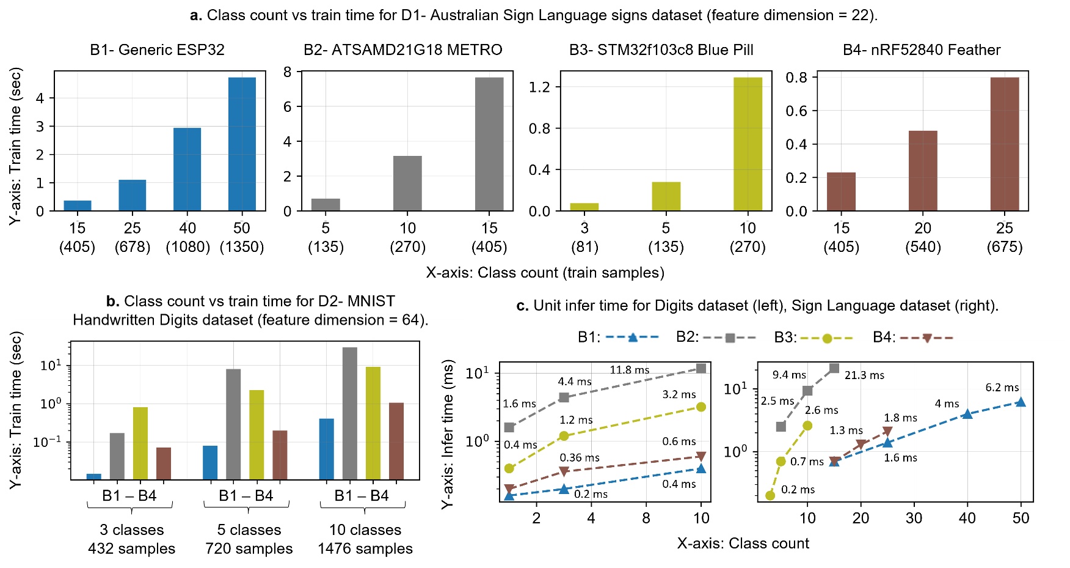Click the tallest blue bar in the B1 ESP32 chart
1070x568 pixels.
(x=242, y=144)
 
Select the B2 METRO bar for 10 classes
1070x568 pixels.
(x=407, y=183)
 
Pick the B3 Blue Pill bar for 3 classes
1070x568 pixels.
(x=584, y=207)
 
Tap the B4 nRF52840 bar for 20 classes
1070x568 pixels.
(x=923, y=171)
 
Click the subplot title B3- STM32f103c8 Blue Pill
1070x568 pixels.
(x=661, y=50)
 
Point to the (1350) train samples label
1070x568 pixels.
(x=242, y=247)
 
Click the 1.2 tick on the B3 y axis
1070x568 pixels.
(x=539, y=87)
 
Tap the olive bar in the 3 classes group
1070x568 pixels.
(x=140, y=443)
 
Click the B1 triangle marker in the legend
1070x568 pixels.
(x=633, y=337)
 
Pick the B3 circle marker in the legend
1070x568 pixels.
(x=827, y=338)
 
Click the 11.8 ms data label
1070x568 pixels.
(x=629, y=370)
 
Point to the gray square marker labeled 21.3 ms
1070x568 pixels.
(x=834, y=368)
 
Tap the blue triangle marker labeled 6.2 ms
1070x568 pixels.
(x=1021, y=402)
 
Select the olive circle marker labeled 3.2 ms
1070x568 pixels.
(x=701, y=407)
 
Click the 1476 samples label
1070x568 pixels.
(x=365, y=548)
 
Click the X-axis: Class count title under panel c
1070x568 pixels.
(x=743, y=544)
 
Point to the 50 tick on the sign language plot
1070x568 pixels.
(x=1021, y=518)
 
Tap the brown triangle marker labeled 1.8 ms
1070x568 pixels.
(x=887, y=431)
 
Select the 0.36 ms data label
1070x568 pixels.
(x=580, y=457)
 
